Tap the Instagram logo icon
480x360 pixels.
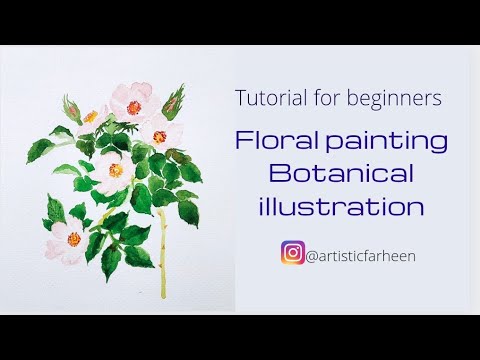coord(293,254)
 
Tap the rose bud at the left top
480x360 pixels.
coord(69,106)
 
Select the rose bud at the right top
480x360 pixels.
coord(173,101)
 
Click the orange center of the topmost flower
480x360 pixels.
coord(131,101)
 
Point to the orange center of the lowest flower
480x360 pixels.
coord(73,238)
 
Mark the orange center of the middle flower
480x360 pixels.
coord(116,170)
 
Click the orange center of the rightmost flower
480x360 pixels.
coord(159,136)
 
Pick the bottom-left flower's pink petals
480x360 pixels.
coord(60,240)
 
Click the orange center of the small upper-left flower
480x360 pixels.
coord(91,116)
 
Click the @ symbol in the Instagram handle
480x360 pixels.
coord(311,255)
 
